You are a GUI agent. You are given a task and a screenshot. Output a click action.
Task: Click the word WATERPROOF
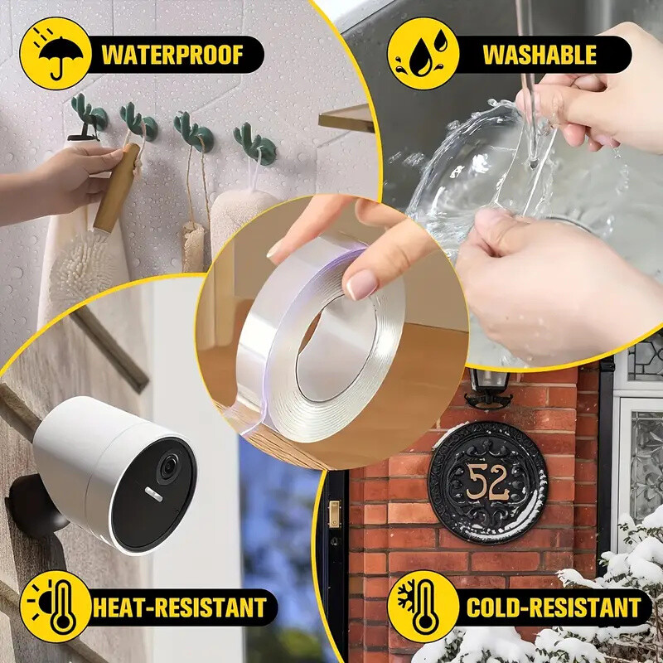coord(172,55)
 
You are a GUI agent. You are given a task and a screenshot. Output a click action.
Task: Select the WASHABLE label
coord(539,55)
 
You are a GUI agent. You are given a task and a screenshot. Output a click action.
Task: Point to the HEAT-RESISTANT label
coord(179,607)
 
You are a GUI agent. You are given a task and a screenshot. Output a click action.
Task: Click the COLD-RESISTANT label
coord(554,607)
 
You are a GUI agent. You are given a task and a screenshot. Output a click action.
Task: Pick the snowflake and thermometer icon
coord(423,606)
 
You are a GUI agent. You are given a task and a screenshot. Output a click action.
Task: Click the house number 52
coord(487,482)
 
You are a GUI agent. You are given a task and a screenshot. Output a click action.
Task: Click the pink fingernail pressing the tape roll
coord(362,284)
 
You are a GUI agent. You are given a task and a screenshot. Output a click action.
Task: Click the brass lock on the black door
coord(334,514)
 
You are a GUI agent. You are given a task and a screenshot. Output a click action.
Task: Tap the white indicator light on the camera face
coord(154,494)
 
